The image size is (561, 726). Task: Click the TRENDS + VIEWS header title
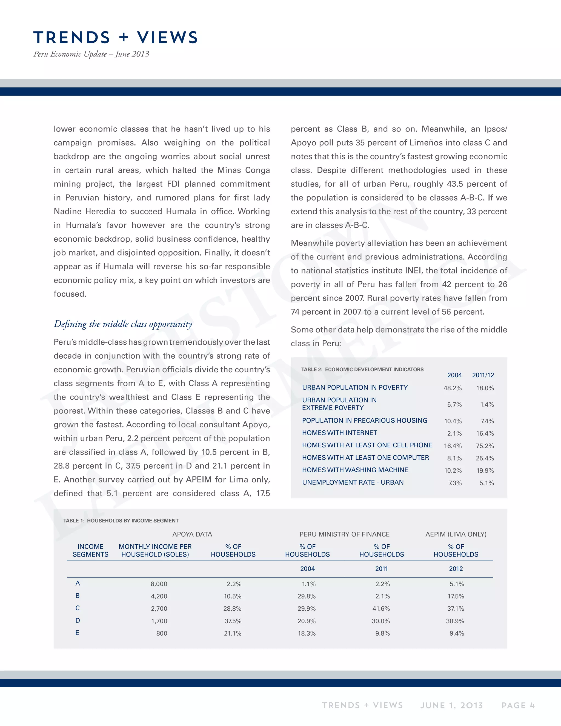(115, 37)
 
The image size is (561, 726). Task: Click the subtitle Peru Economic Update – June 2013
(91, 54)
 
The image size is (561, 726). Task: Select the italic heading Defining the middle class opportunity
(123, 324)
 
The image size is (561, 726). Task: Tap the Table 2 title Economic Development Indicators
(362, 369)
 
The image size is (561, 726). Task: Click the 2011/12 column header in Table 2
(483, 375)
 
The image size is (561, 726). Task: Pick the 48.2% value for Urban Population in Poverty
(452, 388)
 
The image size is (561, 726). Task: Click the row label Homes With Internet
(339, 433)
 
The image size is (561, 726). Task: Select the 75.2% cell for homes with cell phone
(485, 446)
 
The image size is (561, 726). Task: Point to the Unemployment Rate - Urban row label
(353, 482)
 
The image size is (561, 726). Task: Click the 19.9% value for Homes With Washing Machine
(485, 470)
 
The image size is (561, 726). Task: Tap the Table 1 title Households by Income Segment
(121, 521)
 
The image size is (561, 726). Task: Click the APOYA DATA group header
(192, 534)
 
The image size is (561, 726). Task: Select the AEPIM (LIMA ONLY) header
(456, 534)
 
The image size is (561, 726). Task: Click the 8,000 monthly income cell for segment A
(159, 584)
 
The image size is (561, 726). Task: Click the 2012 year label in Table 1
(456, 569)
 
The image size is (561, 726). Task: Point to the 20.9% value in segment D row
(307, 621)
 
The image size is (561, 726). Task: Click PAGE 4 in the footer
(518, 705)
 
